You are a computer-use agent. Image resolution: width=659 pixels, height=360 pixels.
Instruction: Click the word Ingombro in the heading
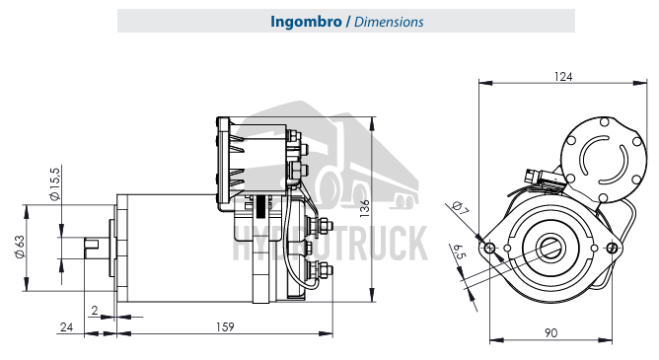tap(306, 22)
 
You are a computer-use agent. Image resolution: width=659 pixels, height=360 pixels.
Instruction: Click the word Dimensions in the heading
tap(389, 22)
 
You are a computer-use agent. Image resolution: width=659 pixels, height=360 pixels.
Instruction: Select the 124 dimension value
tap(563, 77)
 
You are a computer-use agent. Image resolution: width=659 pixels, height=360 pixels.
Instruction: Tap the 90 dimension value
tap(550, 332)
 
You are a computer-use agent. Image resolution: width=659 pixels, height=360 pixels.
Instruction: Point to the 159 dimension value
tap(225, 326)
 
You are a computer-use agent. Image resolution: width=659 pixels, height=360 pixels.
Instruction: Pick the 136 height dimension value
tap(364, 208)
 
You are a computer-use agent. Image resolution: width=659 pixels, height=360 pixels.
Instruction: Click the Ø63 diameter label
tap(20, 247)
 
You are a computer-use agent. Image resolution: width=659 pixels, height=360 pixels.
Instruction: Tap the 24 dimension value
tap(66, 326)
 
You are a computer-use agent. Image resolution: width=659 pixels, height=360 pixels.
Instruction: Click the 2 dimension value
tap(95, 310)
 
